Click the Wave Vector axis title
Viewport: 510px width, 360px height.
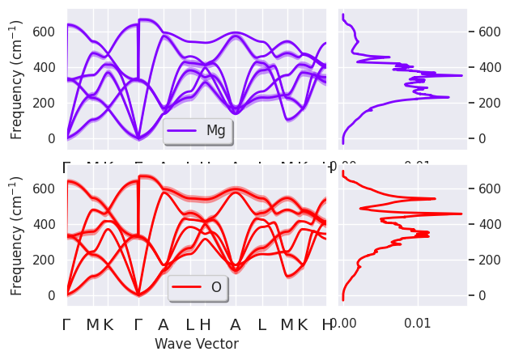[197, 344]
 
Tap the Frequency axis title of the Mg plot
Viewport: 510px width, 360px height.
[16, 80]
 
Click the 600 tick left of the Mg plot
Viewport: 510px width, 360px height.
[49, 32]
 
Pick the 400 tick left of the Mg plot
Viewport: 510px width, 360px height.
[49, 67]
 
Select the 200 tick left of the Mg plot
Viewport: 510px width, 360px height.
[49, 103]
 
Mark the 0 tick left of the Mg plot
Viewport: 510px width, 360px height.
[56, 138]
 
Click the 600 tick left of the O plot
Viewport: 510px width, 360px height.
[49, 188]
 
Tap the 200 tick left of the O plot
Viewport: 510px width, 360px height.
[49, 260]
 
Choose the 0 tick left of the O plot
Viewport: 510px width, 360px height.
[56, 295]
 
